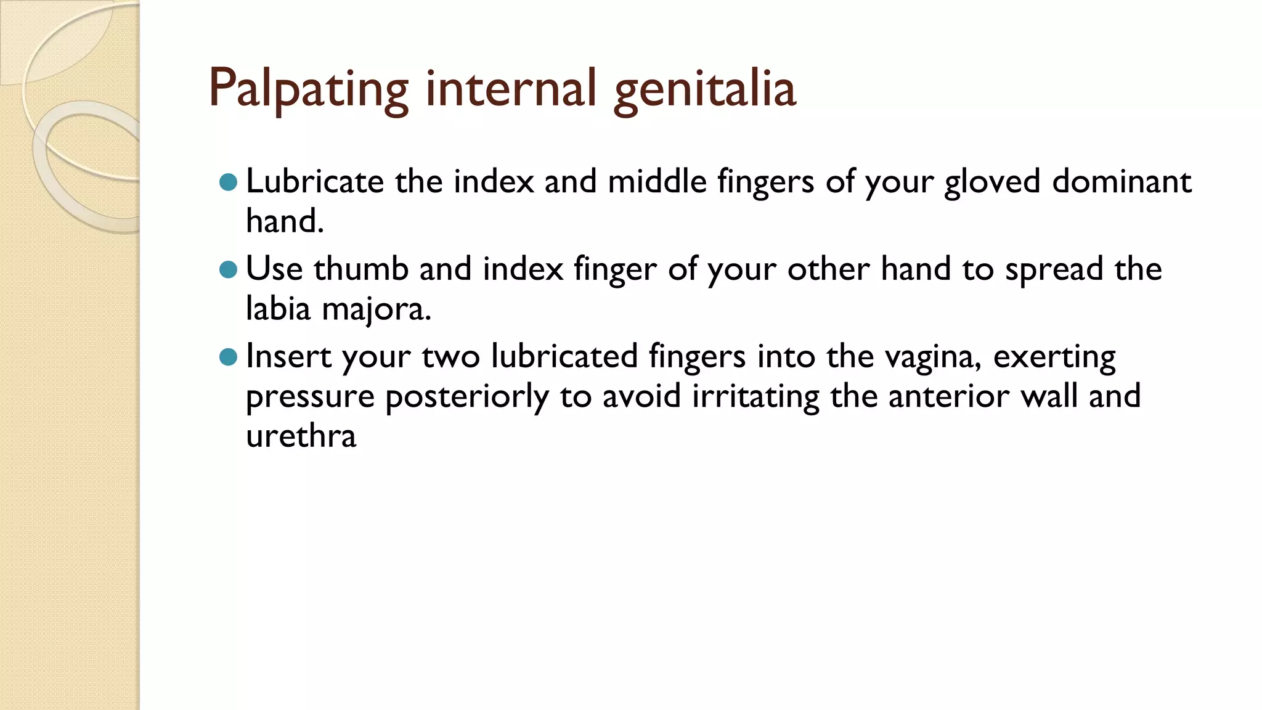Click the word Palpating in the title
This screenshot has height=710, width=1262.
click(x=309, y=88)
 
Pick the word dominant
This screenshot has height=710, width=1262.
click(x=1122, y=181)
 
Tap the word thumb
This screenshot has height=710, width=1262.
click(x=361, y=269)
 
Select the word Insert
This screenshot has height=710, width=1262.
click(x=288, y=356)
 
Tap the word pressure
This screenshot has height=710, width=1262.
click(x=310, y=397)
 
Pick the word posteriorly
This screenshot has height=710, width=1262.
click(x=466, y=397)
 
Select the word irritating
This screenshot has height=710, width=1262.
click(x=755, y=396)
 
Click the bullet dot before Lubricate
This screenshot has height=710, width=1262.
click(x=228, y=182)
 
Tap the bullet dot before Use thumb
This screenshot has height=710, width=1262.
click(x=228, y=269)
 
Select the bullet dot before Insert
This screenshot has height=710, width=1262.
click(x=228, y=357)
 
